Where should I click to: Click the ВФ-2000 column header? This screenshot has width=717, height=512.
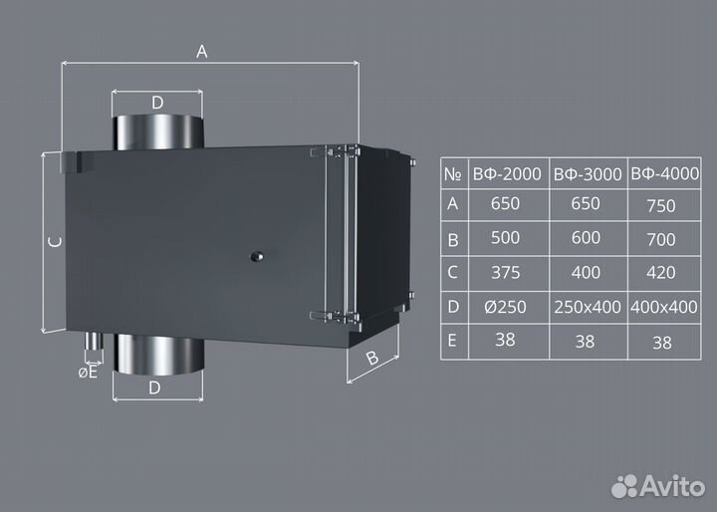(x=507, y=174)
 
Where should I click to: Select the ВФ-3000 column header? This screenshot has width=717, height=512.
(x=588, y=174)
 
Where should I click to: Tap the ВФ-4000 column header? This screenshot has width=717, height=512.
(x=665, y=174)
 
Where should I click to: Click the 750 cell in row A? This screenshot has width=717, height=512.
(x=661, y=206)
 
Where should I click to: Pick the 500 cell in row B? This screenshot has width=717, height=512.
(x=505, y=237)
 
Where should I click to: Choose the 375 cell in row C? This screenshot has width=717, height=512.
(x=506, y=273)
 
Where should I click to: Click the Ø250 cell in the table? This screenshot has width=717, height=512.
(x=505, y=307)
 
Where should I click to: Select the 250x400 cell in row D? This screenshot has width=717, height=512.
(x=588, y=307)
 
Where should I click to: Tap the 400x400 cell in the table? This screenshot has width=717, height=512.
(x=664, y=307)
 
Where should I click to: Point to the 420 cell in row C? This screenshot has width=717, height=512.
(x=661, y=273)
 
